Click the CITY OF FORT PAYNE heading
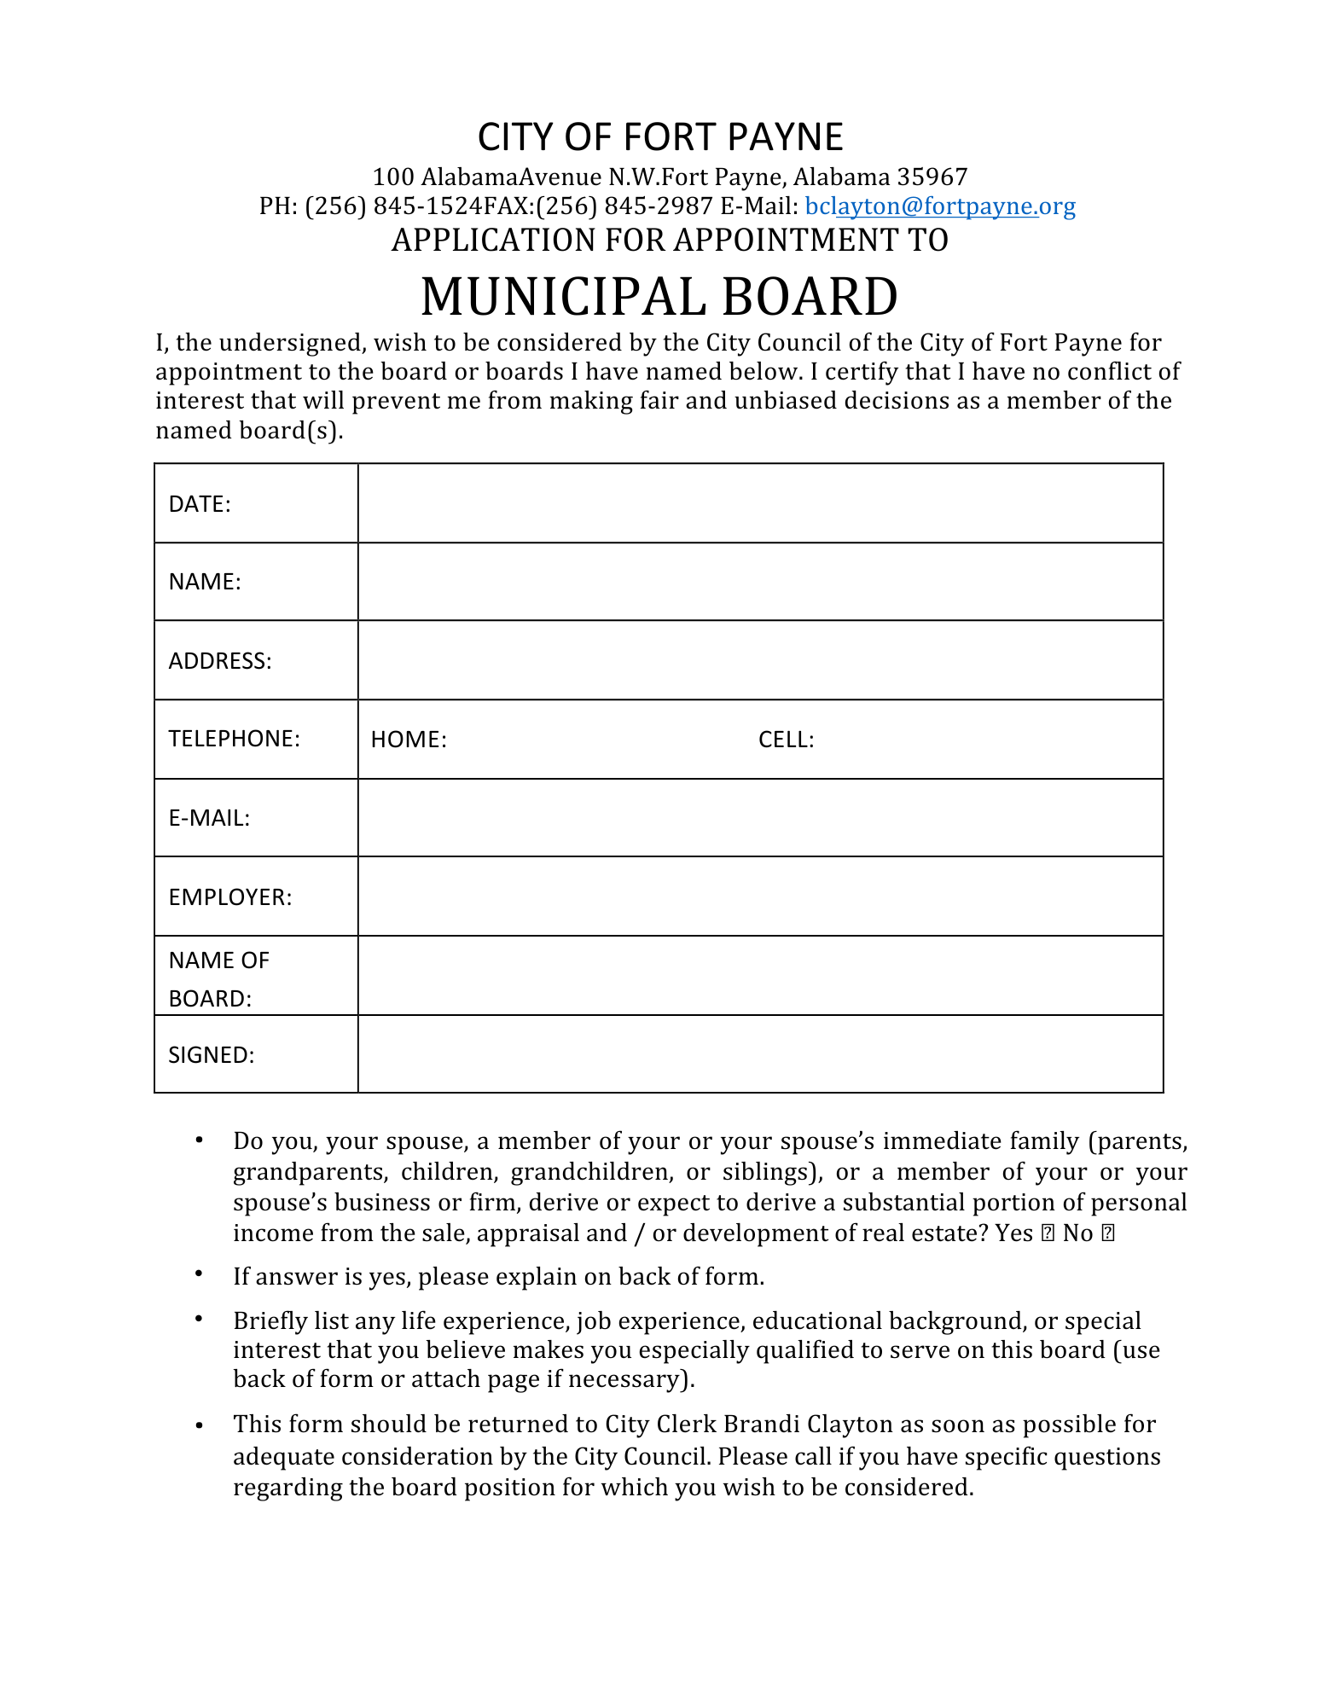659,136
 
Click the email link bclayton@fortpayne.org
939,206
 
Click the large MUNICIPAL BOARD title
659,297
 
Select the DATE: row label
200,504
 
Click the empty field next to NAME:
759,582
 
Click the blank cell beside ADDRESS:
759,661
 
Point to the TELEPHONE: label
235,739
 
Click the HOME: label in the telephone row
409,740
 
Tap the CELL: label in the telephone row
786,740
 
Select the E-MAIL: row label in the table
210,818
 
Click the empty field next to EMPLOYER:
759,897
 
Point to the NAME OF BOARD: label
219,978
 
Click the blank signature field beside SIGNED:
759,1054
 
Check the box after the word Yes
1048,1233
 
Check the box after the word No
1108,1233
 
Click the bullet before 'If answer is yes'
199,1274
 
